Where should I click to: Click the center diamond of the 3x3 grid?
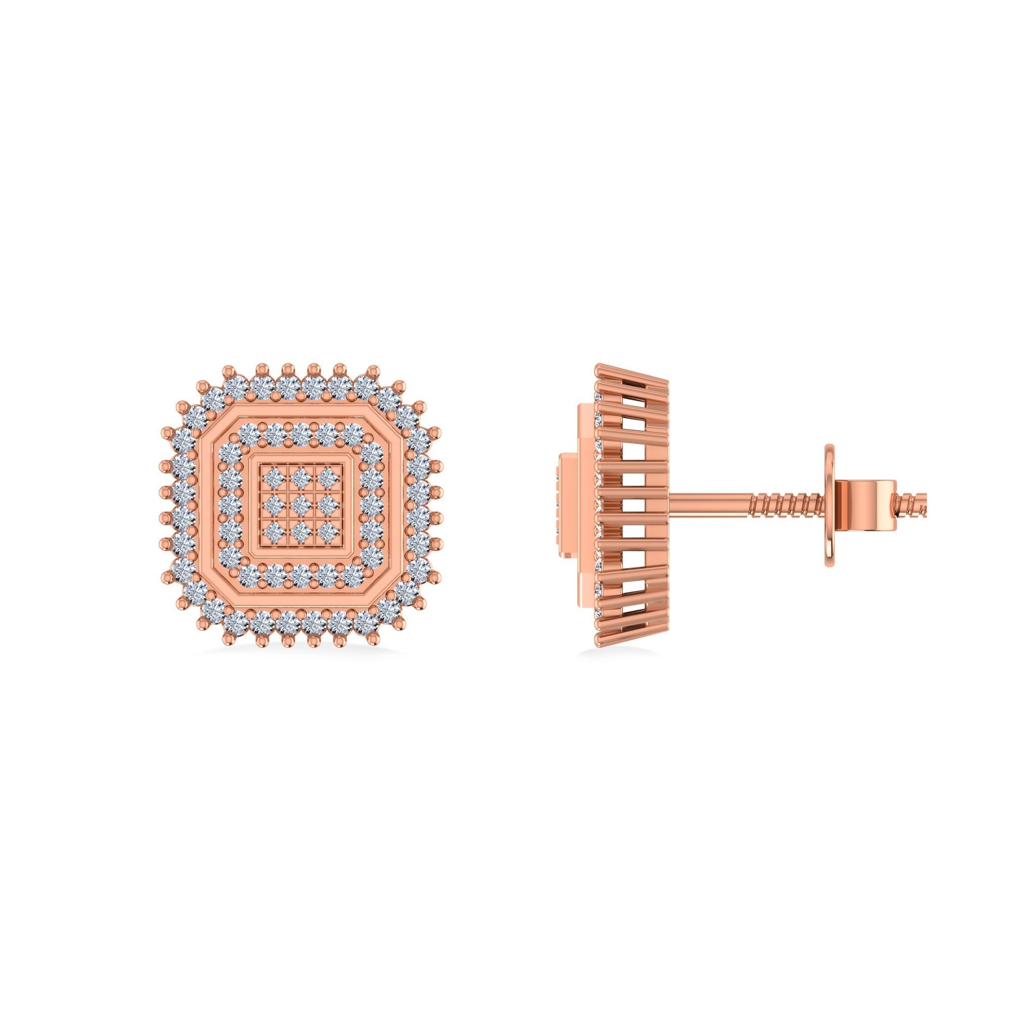301,505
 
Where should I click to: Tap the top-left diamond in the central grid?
273,477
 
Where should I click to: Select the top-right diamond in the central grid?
329,477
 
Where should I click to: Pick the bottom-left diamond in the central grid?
273,533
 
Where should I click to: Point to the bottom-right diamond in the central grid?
329,533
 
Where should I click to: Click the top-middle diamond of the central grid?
301,477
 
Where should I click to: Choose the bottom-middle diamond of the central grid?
301,533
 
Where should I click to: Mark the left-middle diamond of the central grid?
273,505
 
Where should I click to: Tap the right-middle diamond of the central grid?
329,505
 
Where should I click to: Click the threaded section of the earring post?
785,505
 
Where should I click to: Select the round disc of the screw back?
830,505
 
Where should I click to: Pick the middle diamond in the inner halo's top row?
301,435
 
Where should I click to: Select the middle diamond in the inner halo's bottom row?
301,576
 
